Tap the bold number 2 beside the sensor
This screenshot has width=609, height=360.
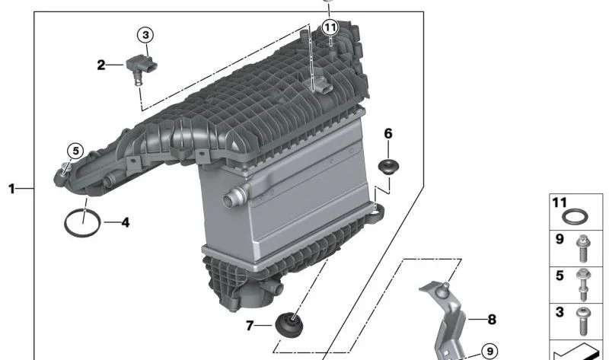[101, 65]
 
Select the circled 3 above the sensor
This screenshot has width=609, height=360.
[145, 34]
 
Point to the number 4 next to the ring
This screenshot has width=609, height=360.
[125, 223]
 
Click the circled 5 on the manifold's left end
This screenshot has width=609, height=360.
[75, 150]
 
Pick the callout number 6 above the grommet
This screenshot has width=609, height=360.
[388, 134]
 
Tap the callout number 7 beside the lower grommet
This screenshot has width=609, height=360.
[250, 327]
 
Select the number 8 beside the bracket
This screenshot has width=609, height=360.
[491, 320]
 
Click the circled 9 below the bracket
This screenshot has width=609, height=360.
[488, 352]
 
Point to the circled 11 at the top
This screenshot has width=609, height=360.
[329, 27]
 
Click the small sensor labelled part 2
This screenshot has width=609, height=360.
[140, 68]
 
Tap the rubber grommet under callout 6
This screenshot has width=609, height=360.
[390, 167]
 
